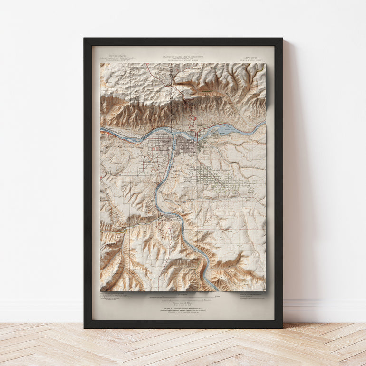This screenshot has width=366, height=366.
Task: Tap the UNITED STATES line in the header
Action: coord(116,55)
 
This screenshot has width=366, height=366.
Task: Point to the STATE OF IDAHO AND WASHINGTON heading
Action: coord(183,56)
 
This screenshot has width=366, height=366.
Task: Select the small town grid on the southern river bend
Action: coord(168,219)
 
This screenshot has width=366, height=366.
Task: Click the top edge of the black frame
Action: coord(183,41)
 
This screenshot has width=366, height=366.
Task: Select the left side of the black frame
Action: coord(87,183)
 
